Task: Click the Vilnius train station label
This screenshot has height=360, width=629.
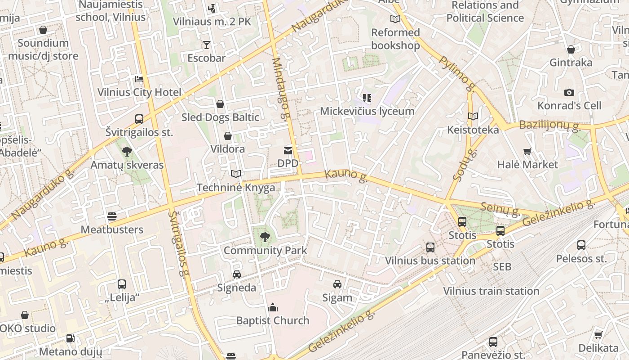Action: pyautogui.click(x=491, y=291)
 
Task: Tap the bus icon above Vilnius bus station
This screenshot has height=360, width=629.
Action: pyautogui.click(x=430, y=247)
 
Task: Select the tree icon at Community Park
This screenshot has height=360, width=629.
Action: pyautogui.click(x=265, y=237)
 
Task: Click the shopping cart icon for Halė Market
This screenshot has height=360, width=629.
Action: pyautogui.click(x=527, y=152)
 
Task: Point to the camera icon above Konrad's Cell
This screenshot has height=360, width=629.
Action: pyautogui.click(x=569, y=92)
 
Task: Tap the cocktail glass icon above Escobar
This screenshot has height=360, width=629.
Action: pyautogui.click(x=206, y=45)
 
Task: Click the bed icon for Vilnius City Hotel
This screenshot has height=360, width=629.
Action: pyautogui.click(x=139, y=79)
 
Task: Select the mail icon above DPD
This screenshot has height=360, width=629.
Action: pyautogui.click(x=288, y=150)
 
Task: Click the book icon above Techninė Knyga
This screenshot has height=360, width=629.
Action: pyautogui.click(x=236, y=174)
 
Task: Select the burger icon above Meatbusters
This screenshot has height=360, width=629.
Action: pyautogui.click(x=112, y=216)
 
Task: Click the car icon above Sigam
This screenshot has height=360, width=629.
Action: pyautogui.click(x=337, y=284)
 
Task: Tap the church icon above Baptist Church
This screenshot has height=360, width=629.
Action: pyautogui.click(x=272, y=308)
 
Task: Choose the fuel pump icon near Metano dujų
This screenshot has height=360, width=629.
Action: pyautogui.click(x=70, y=338)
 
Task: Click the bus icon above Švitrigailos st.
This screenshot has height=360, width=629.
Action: pyautogui.click(x=139, y=119)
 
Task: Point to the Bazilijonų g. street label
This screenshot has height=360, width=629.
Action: pyautogui.click(x=549, y=125)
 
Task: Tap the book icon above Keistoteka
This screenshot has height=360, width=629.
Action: pyautogui.click(x=473, y=117)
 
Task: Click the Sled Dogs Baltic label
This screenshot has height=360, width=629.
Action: pyautogui.click(x=220, y=117)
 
